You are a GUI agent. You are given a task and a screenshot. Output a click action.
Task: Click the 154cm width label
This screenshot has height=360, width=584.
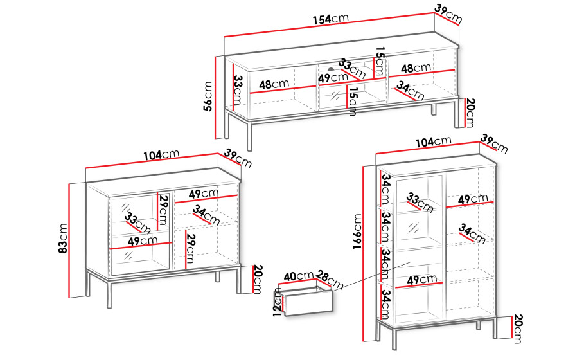(x=330, y=19)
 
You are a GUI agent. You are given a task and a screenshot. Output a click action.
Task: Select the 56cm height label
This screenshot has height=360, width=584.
(x=208, y=96)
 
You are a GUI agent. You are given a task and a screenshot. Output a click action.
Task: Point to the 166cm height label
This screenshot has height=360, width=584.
(x=357, y=231)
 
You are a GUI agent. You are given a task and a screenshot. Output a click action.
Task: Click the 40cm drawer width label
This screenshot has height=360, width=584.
(x=299, y=276)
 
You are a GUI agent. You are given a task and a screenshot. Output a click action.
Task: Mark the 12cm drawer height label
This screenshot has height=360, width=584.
(x=278, y=302)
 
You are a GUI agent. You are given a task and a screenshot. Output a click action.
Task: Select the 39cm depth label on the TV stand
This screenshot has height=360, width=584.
(x=448, y=14)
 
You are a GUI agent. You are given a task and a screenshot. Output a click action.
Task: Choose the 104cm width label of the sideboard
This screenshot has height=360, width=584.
(x=162, y=155)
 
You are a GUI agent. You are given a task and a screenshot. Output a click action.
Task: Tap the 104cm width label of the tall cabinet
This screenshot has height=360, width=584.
(x=433, y=141)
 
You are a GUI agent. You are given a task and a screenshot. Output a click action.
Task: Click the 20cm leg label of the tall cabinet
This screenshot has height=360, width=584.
(x=518, y=328)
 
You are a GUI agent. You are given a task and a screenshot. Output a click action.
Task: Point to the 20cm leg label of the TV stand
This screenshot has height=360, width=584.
(x=470, y=113)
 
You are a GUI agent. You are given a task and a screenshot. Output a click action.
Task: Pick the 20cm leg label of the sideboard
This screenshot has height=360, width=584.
(x=258, y=279)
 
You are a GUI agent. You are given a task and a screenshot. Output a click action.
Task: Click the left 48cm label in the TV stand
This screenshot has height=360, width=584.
(x=274, y=84)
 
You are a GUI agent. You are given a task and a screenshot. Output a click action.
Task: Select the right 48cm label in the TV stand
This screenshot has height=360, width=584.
(x=416, y=68)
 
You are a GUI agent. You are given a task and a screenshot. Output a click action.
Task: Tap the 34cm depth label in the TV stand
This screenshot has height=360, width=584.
(x=410, y=91)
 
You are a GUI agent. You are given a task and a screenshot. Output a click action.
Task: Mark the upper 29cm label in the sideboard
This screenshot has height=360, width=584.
(x=163, y=210)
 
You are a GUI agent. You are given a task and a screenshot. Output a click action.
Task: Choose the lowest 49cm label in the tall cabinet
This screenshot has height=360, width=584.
(x=422, y=280)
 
